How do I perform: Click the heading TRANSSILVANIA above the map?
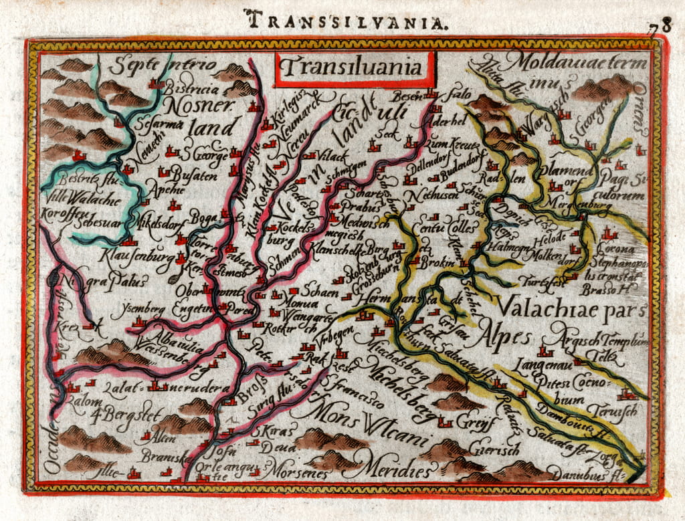(345, 19)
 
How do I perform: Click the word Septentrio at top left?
(163, 65)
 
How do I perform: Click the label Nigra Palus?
(105, 282)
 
